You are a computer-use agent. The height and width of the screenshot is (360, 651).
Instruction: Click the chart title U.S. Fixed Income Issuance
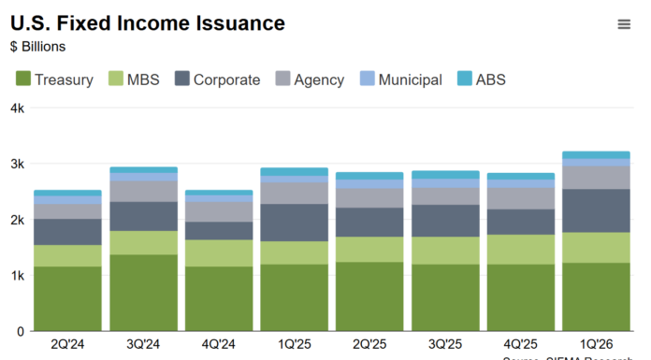click(x=148, y=23)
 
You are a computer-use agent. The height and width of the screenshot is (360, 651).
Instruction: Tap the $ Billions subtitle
click(x=38, y=46)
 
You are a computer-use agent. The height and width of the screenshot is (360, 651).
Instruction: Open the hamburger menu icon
click(x=624, y=24)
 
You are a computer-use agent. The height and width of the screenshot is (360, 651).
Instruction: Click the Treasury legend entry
click(x=54, y=79)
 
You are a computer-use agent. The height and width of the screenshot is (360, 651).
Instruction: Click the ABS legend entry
click(x=481, y=79)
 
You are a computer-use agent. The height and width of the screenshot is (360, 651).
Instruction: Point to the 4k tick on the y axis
click(x=17, y=108)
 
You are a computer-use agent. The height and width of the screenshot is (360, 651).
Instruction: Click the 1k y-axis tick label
click(x=17, y=276)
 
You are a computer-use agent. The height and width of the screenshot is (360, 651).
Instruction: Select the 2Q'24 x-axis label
click(x=67, y=343)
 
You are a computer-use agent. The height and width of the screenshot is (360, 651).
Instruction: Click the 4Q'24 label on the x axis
click(x=218, y=343)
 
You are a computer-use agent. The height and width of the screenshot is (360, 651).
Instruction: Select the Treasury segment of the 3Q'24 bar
click(x=143, y=293)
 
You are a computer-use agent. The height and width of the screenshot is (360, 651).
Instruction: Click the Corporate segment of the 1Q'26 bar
click(x=595, y=210)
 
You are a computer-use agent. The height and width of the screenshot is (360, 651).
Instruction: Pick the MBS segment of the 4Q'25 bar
click(x=520, y=249)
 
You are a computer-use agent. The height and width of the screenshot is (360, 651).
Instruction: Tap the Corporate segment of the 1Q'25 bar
click(x=294, y=223)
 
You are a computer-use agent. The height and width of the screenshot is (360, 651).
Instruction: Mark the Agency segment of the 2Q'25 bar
click(x=369, y=198)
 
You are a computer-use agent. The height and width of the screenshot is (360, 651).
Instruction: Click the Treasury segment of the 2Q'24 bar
click(x=67, y=298)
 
